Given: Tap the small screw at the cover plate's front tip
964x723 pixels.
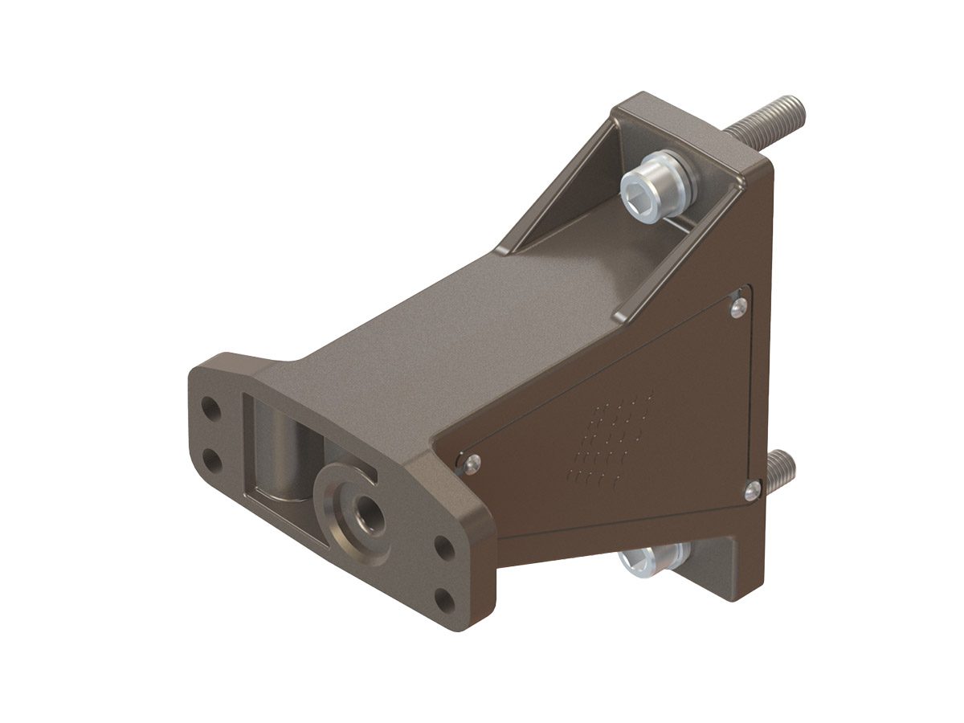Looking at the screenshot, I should (x=472, y=461).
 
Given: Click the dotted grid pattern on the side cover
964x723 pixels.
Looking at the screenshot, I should (x=611, y=442).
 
